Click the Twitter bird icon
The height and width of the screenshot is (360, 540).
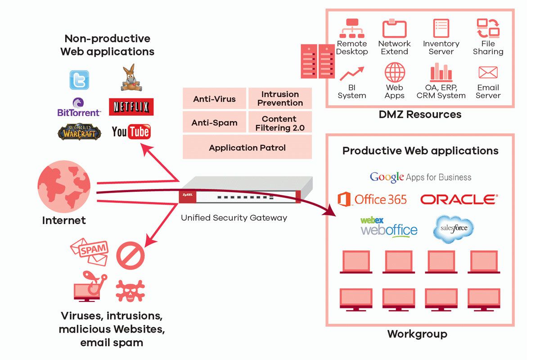click(x=79, y=80)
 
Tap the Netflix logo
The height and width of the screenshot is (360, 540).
click(x=131, y=107)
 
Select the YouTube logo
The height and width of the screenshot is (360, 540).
click(x=131, y=132)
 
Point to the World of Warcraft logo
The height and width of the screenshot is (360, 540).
click(x=79, y=132)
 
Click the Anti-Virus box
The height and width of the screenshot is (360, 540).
click(x=214, y=99)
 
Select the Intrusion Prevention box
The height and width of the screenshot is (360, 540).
click(x=280, y=99)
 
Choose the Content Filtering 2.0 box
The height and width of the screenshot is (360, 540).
click(x=280, y=123)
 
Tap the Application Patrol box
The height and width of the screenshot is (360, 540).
click(x=247, y=148)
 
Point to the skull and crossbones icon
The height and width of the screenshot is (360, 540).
click(x=130, y=290)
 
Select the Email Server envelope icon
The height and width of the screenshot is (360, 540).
click(x=488, y=72)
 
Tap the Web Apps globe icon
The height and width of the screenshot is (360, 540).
click(x=394, y=72)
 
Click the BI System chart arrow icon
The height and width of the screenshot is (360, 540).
click(x=351, y=73)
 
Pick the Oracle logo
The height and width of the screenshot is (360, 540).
click(x=459, y=199)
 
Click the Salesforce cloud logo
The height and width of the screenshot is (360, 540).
click(x=453, y=229)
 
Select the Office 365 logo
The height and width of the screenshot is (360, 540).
click(x=372, y=199)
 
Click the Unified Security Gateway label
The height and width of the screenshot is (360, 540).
click(x=234, y=218)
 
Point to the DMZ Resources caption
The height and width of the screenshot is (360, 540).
click(x=419, y=115)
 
